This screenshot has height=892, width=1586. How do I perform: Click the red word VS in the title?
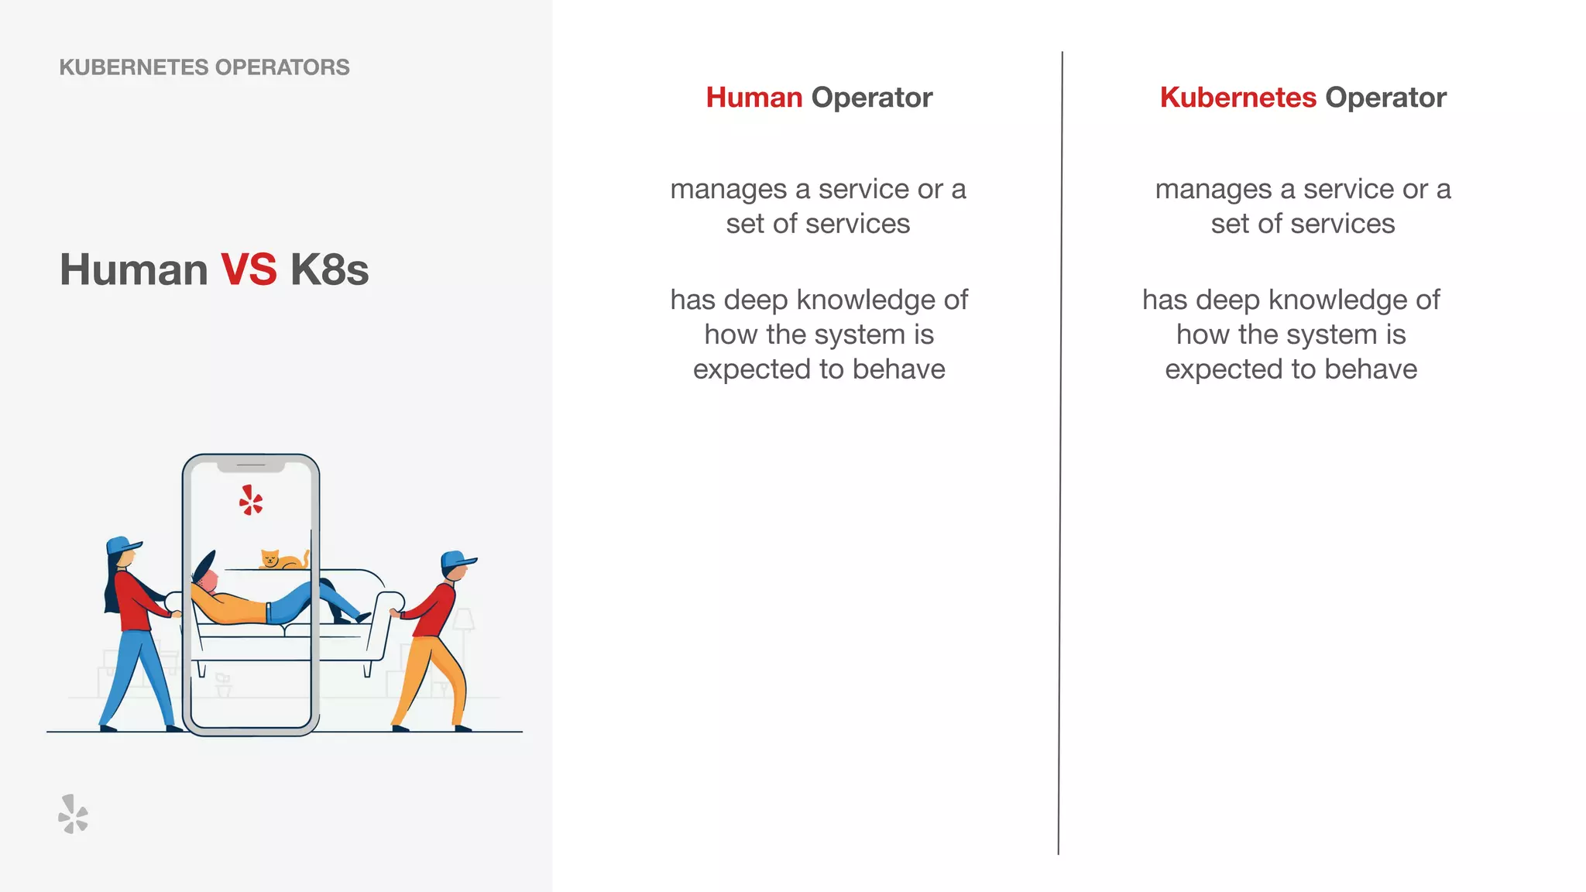click(x=249, y=269)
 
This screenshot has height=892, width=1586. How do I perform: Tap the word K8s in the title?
click(x=329, y=269)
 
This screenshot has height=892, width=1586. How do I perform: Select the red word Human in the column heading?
click(x=754, y=98)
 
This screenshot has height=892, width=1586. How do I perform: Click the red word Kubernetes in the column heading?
click(x=1238, y=98)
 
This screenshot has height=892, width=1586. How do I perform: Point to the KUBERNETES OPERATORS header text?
click(x=204, y=67)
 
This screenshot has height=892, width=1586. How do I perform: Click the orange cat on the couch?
click(x=282, y=559)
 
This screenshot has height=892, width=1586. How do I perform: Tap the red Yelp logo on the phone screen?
click(x=250, y=500)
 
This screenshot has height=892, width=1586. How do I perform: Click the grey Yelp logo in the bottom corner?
click(x=74, y=814)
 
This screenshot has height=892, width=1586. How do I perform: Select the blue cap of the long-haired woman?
click(x=122, y=545)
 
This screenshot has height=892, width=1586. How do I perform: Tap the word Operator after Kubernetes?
click(x=1385, y=98)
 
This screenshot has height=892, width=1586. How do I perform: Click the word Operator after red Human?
click(x=871, y=98)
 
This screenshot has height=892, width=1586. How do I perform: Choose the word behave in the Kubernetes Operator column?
click(x=1371, y=369)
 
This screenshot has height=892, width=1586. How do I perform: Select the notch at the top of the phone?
click(x=251, y=465)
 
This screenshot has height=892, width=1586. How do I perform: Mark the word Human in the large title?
click(x=134, y=269)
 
